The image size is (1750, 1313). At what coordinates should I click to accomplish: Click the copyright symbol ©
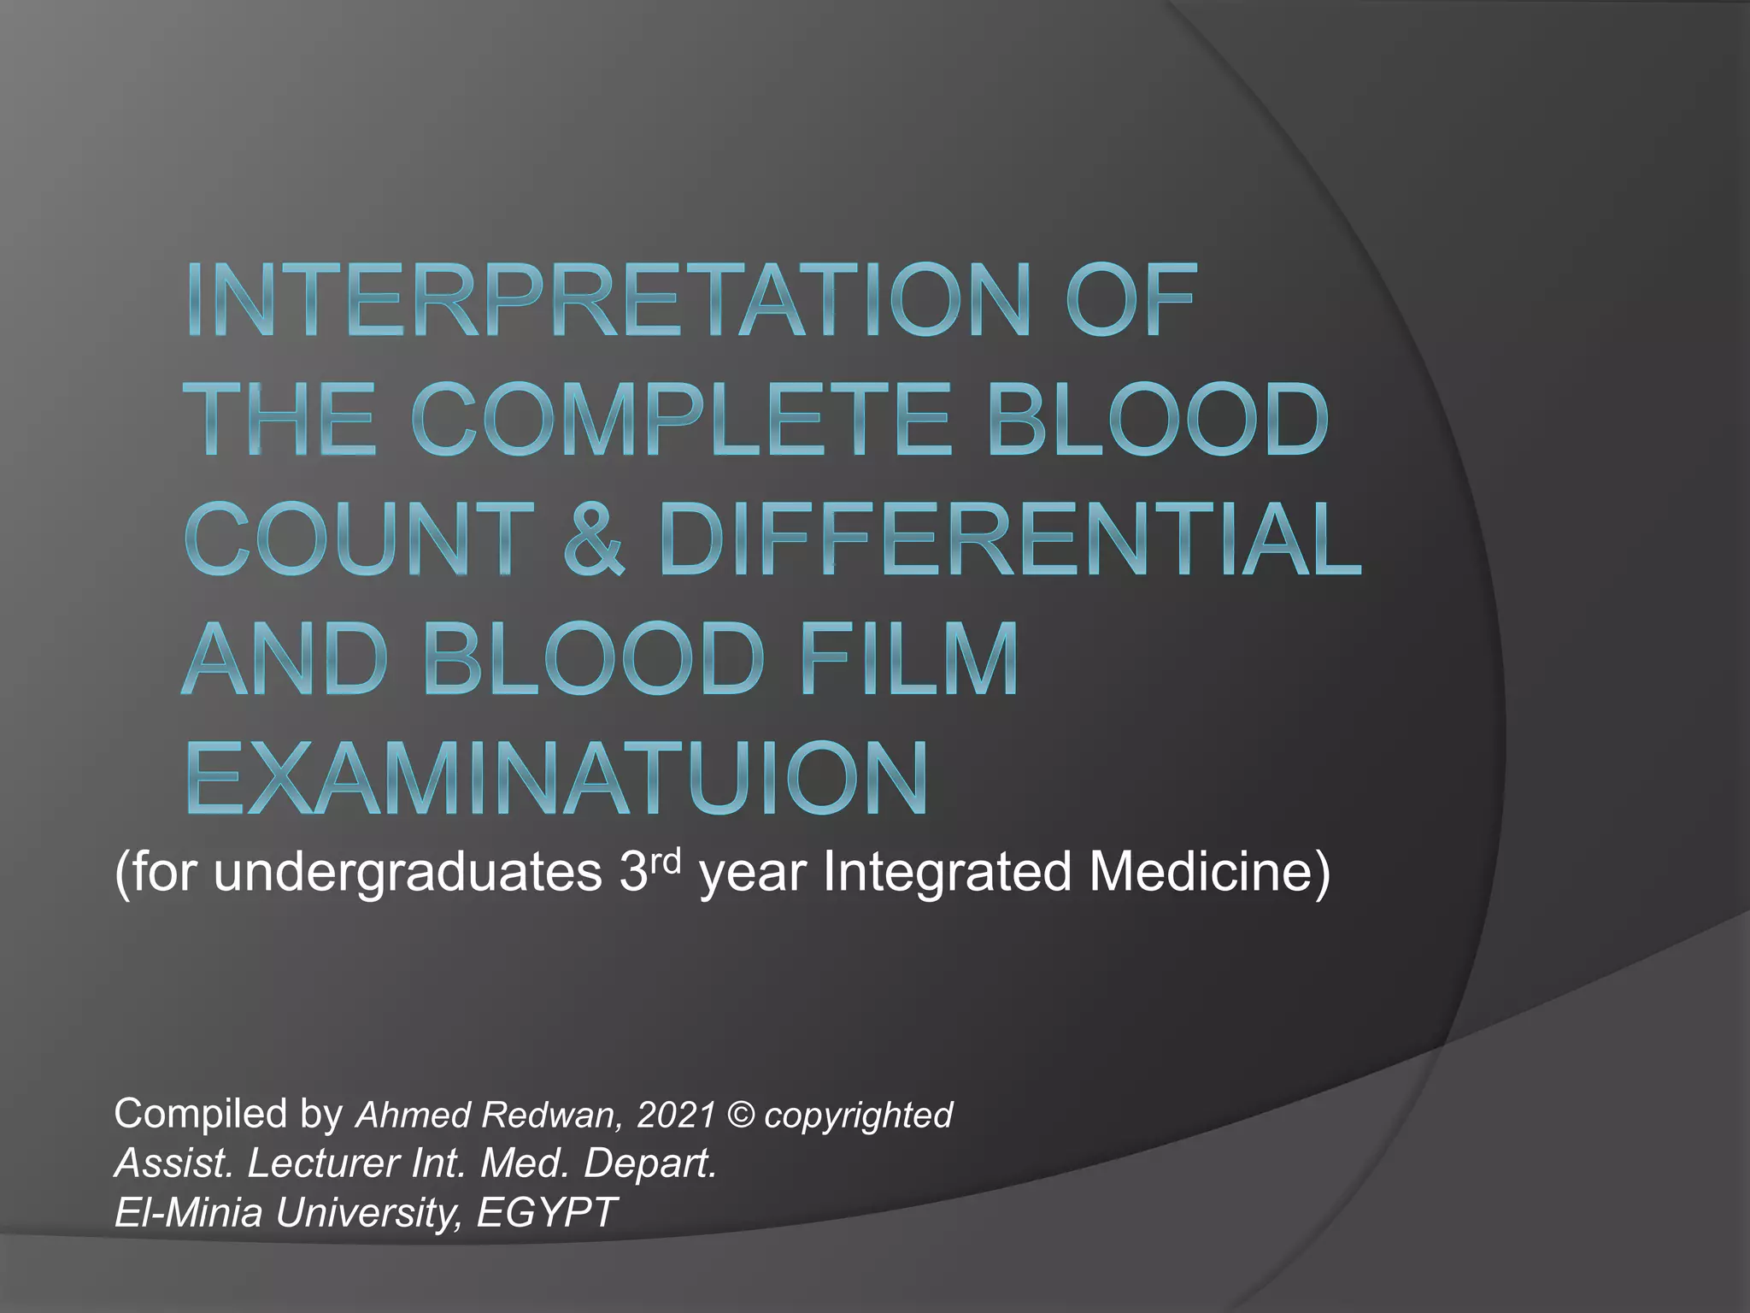click(740, 1115)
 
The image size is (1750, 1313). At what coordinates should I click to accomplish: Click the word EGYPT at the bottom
click(546, 1212)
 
